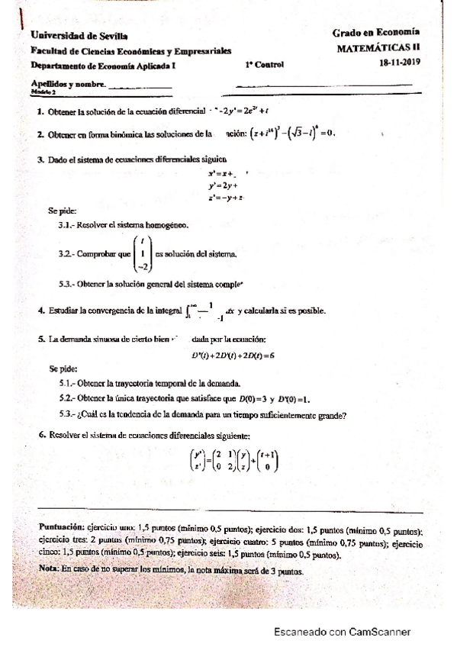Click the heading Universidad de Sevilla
tap(79, 36)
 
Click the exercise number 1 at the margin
tap(39, 112)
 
